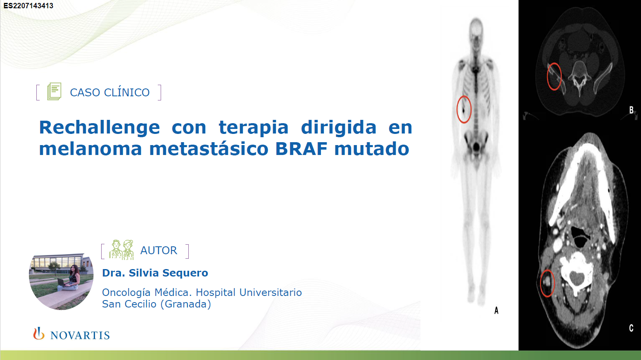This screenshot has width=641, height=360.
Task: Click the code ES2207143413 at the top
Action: [x=28, y=6]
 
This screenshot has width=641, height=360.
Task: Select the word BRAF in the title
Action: [x=301, y=149]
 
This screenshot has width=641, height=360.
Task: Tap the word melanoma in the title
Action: [x=90, y=149]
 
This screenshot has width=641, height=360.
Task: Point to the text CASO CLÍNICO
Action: [x=109, y=93]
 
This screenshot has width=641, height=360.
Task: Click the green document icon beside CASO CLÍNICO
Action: [x=54, y=91]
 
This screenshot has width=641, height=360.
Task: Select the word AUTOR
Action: [x=159, y=250]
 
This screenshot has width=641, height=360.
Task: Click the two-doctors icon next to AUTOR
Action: [x=121, y=250]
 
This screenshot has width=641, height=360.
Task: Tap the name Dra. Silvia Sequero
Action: [x=155, y=273]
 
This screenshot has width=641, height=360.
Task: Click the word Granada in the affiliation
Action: [x=187, y=304]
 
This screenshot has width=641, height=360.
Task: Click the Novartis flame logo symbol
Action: [x=39, y=334]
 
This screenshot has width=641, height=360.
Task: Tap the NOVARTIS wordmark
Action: [x=80, y=335]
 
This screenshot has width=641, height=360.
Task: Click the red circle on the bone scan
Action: [x=457, y=110]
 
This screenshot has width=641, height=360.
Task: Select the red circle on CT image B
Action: [x=547, y=77]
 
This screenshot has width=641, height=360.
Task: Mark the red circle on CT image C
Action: [x=540, y=284]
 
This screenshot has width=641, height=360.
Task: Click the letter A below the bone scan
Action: [x=496, y=310]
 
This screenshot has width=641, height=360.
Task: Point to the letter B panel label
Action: [x=631, y=110]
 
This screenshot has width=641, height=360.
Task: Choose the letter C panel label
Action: [x=631, y=328]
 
